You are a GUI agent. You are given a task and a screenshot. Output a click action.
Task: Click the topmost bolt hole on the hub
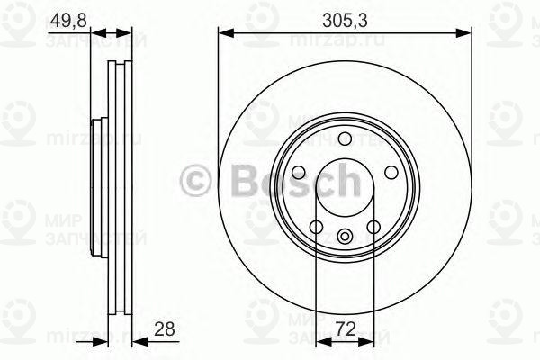pyautogui.click(x=345, y=137)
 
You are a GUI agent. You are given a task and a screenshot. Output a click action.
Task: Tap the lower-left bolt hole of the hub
pyautogui.click(x=316, y=228)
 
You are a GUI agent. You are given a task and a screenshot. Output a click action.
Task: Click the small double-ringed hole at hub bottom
pyautogui.click(x=345, y=238)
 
